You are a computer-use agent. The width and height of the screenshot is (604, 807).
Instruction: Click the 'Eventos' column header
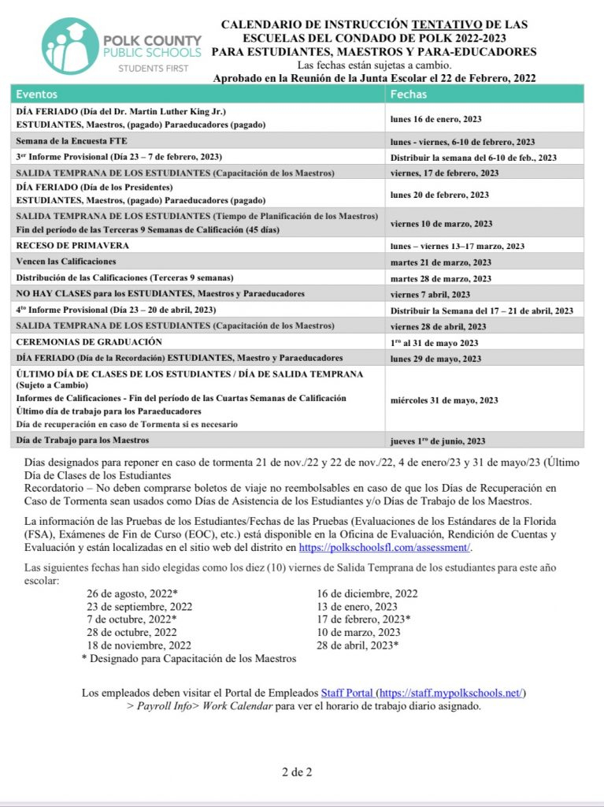coord(37,94)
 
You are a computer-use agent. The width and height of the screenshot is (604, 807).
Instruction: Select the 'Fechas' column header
coord(409,94)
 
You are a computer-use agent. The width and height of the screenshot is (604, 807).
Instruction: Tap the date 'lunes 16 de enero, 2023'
coord(436,119)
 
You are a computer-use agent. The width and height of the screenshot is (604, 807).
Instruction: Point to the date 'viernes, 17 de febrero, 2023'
coord(444,173)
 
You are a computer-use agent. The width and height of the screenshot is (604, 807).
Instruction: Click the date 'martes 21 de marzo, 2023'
coord(441,262)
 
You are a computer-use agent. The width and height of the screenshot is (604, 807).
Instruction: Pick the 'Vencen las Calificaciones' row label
coord(66,262)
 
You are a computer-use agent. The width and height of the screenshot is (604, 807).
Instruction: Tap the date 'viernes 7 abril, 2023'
coord(430,294)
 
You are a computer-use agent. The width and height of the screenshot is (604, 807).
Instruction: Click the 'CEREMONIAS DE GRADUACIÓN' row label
coord(89,342)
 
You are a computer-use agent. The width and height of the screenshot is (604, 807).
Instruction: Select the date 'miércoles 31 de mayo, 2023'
coord(444,400)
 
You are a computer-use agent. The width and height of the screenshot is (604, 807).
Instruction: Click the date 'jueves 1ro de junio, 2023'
coord(437,441)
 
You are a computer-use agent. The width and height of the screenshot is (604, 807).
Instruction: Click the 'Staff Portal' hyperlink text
coord(346,693)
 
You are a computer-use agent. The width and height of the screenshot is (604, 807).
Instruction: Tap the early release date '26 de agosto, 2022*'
coord(132,593)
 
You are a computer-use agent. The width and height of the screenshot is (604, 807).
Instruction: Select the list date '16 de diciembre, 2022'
coord(367,593)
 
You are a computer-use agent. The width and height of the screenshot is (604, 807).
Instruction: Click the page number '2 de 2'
coord(297,772)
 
